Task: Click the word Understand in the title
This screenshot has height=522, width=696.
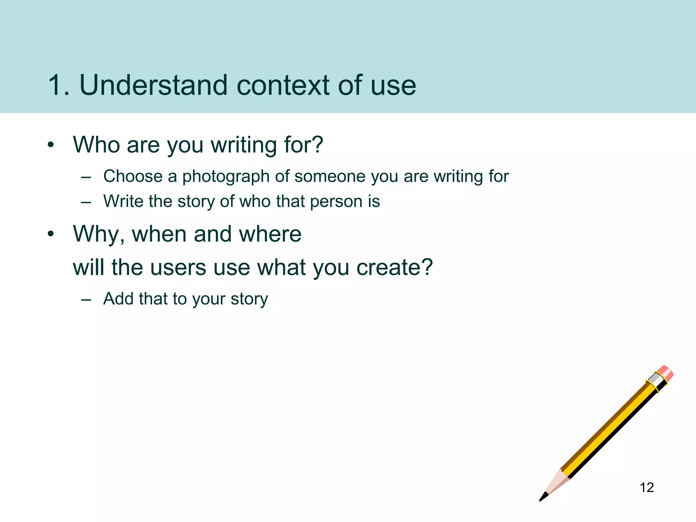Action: click(153, 85)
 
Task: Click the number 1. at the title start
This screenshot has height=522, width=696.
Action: click(58, 85)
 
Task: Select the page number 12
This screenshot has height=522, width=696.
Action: click(646, 488)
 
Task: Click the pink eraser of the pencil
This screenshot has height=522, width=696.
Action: click(665, 373)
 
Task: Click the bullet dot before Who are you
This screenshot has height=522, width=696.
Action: click(51, 145)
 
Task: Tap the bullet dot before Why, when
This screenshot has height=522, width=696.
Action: click(51, 234)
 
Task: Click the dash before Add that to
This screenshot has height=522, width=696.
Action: click(86, 299)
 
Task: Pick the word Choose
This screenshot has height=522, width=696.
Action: click(133, 176)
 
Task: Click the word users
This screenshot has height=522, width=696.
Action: click(178, 267)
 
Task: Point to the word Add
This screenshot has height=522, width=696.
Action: click(118, 299)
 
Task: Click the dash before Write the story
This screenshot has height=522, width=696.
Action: click(86, 202)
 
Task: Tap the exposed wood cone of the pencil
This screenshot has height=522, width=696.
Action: click(557, 483)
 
